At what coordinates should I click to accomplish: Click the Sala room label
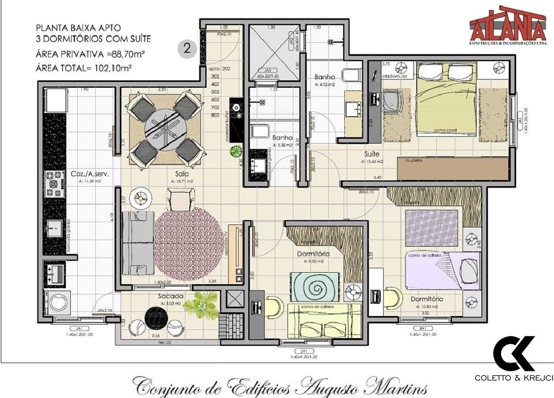[x=182, y=174]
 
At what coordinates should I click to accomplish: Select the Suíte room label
[x=372, y=154]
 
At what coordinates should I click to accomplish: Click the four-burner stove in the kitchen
[x=55, y=185]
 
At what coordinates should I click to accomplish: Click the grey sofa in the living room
[x=137, y=243]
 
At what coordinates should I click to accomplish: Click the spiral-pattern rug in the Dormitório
[x=315, y=286]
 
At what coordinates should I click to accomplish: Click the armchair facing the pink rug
[x=181, y=199]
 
